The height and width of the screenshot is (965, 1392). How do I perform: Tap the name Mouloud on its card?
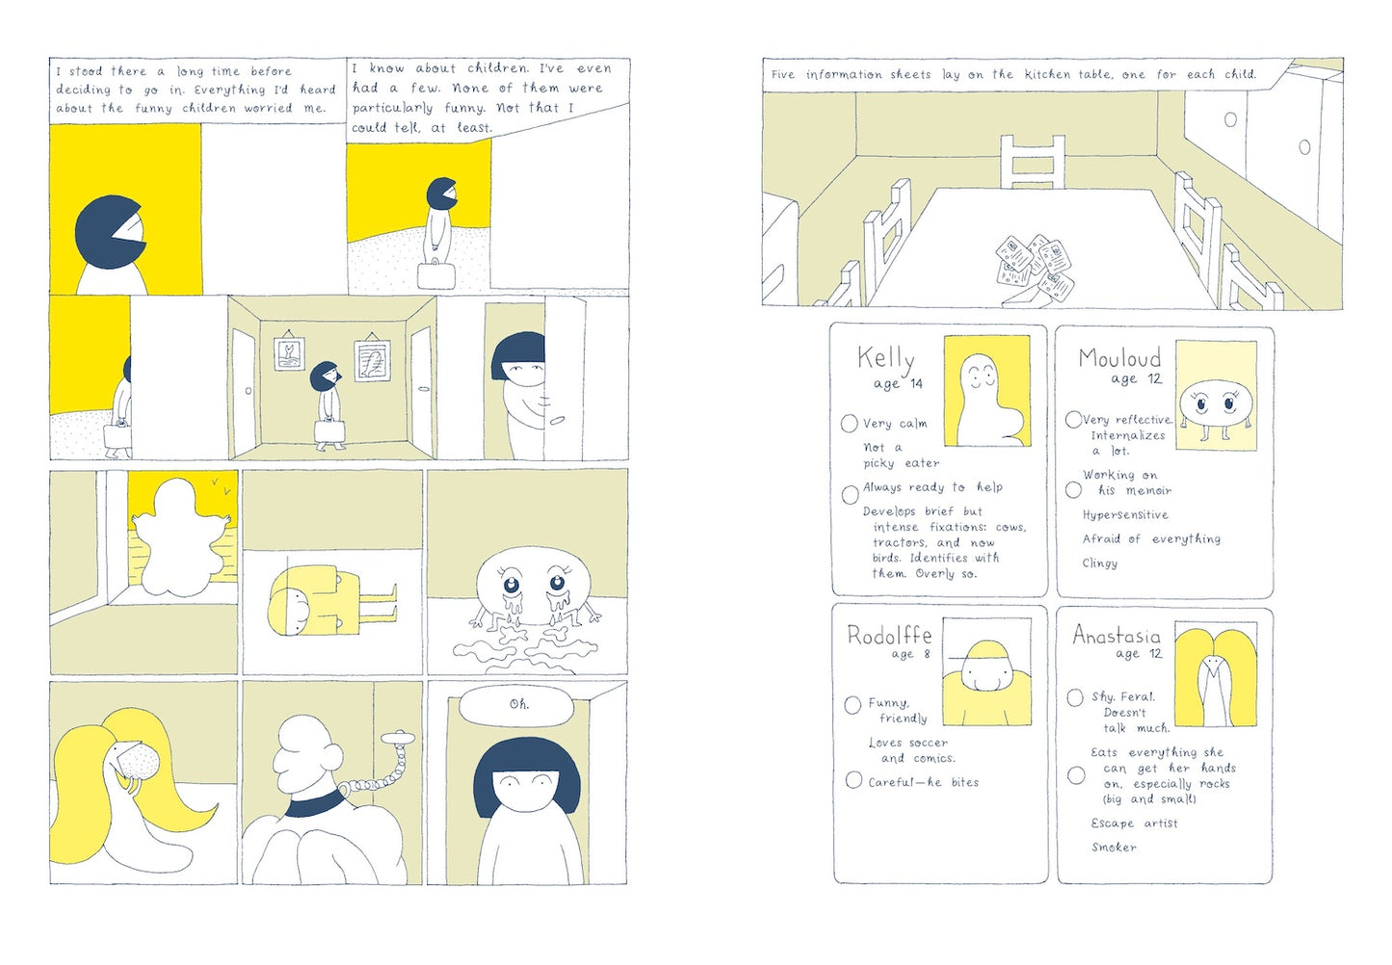[1119, 358]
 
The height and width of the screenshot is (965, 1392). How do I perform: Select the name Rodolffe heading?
[888, 636]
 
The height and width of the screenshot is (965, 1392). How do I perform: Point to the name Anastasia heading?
[1116, 635]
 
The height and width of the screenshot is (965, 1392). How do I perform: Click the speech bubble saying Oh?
[519, 705]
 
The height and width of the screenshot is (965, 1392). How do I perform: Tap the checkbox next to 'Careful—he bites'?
[854, 780]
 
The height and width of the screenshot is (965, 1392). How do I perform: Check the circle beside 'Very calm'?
[850, 423]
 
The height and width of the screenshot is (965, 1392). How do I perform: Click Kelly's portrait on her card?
[986, 391]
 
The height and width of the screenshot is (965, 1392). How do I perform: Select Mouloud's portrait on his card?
[1216, 395]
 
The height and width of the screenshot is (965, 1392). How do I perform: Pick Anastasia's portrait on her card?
[1215, 673]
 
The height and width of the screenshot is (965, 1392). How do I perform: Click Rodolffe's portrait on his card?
[986, 671]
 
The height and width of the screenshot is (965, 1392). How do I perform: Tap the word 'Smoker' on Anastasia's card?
[1114, 847]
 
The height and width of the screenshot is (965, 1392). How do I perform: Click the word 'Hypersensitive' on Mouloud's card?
[1125, 515]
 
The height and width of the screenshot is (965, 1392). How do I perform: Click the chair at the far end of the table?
[1032, 162]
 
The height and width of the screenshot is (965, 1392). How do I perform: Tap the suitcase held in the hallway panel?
[329, 430]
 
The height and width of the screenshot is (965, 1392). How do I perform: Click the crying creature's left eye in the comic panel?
[511, 584]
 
